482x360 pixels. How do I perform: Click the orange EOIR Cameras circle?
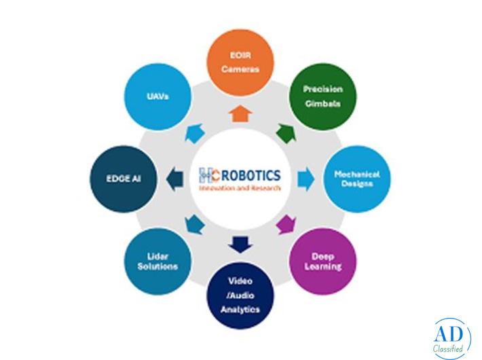click(240, 62)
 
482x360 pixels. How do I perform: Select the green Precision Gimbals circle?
click(322, 96)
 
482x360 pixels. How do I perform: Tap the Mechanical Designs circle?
click(357, 179)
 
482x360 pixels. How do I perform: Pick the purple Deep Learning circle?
click(322, 262)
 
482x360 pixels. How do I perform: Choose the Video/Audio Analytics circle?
click(240, 295)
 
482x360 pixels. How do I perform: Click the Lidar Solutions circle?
click(157, 262)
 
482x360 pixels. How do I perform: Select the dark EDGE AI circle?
click(124, 179)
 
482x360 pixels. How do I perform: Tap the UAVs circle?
click(157, 96)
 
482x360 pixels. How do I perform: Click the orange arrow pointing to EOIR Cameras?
click(240, 113)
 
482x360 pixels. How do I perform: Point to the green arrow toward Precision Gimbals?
click(286, 133)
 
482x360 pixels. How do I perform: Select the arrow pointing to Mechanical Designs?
click(306, 179)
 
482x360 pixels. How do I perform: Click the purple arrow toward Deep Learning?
click(286, 225)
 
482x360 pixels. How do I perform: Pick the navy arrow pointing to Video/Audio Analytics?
click(240, 245)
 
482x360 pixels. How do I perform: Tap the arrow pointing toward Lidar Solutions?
click(195, 225)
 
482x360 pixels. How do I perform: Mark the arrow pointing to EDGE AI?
click(174, 179)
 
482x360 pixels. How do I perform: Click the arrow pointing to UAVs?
click(195, 133)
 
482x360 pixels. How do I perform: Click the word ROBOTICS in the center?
click(251, 175)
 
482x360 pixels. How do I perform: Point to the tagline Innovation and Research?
click(240, 187)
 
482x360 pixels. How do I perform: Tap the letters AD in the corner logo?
click(449, 334)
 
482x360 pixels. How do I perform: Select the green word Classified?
click(448, 348)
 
